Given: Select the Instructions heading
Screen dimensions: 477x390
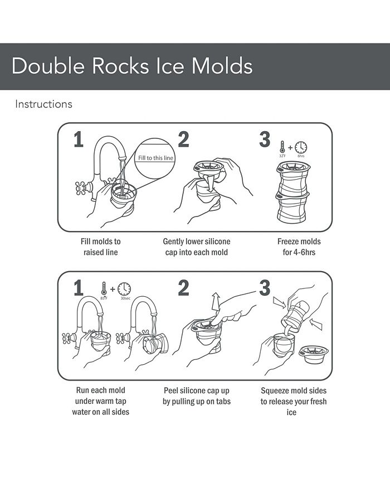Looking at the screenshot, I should [x=43, y=104].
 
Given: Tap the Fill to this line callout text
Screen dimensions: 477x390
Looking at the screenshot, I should [x=156, y=158].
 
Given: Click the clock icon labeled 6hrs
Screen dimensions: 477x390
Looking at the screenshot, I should [x=301, y=147].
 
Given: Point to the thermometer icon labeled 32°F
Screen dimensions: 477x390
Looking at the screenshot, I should [x=282, y=147].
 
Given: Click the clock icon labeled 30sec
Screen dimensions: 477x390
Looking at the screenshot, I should [x=124, y=289].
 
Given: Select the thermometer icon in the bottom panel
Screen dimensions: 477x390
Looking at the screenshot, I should [x=104, y=289].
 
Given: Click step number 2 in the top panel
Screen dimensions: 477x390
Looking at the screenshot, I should [x=183, y=140].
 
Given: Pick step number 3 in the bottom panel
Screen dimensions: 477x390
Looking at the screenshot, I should [x=265, y=288].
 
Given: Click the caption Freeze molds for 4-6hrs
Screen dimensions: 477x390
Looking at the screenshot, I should [x=299, y=247].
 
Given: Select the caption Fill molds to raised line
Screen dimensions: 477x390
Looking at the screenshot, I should [x=100, y=247].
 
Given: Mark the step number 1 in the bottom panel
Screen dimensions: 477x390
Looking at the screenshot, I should [x=79, y=288].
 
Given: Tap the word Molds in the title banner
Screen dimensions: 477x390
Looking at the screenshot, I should [x=222, y=66].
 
